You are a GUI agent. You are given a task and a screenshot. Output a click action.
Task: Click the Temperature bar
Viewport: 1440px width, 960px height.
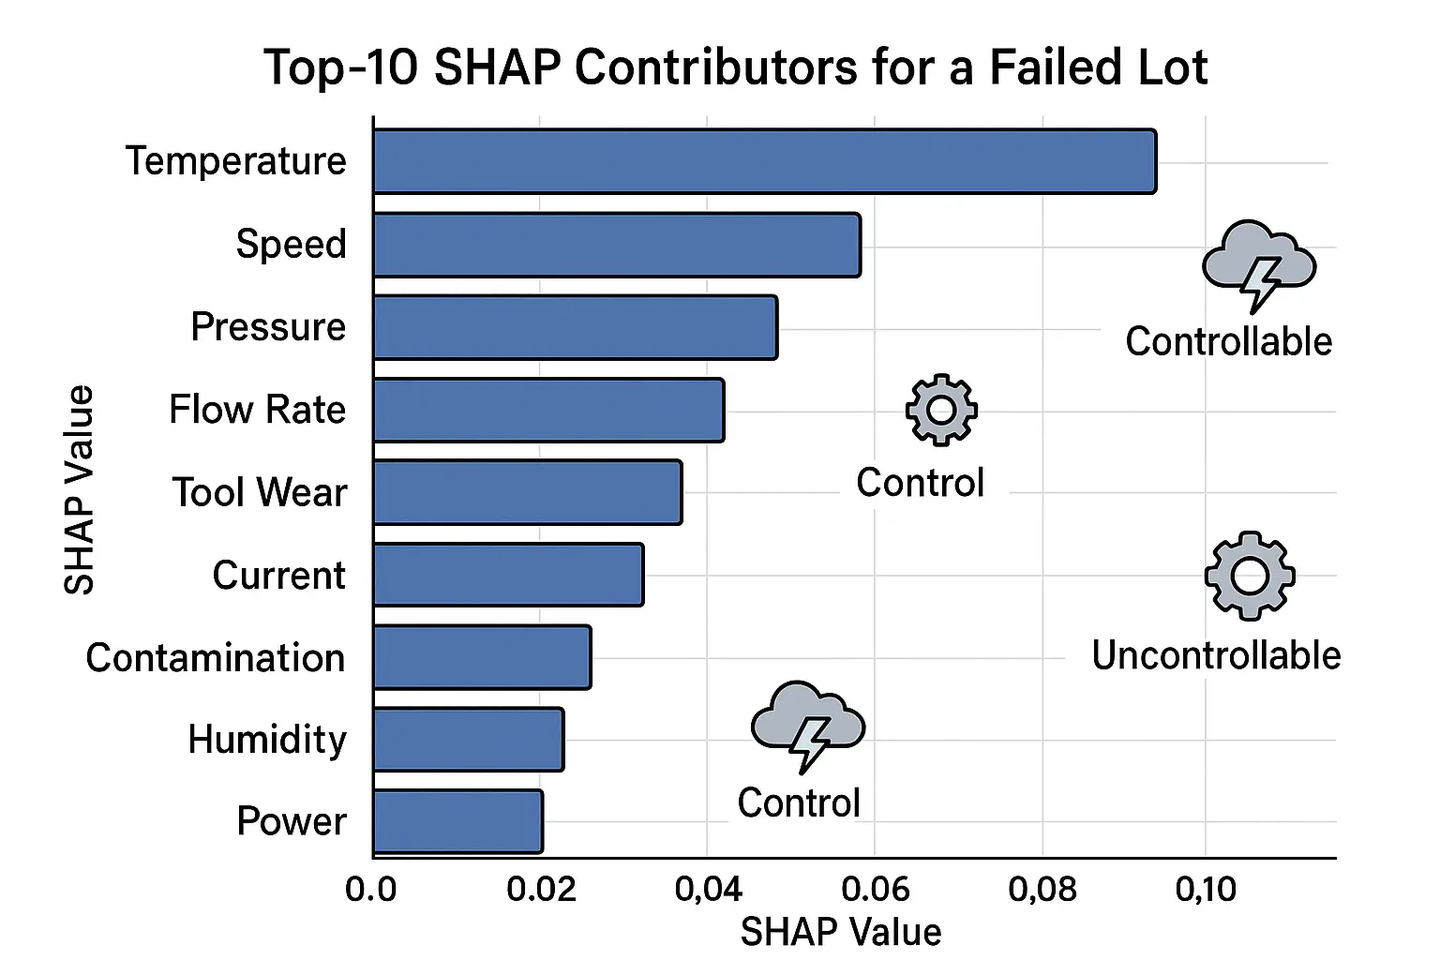(764, 161)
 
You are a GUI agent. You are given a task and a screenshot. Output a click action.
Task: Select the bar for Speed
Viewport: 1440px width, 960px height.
(616, 245)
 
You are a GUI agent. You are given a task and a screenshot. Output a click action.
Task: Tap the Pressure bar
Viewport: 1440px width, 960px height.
(575, 327)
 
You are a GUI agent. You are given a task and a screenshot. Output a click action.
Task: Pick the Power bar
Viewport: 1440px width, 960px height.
(457, 821)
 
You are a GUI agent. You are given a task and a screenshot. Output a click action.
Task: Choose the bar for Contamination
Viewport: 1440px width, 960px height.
(482, 657)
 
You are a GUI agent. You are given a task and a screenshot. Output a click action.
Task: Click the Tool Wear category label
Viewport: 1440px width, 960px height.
(259, 492)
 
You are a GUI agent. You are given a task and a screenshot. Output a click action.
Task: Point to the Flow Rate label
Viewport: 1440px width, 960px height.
(257, 410)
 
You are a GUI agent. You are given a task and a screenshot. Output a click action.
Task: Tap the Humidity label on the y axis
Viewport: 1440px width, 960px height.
(267, 740)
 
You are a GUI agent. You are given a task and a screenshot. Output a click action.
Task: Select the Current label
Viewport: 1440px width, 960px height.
(278, 575)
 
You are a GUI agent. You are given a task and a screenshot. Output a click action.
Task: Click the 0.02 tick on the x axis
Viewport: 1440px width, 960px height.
(541, 889)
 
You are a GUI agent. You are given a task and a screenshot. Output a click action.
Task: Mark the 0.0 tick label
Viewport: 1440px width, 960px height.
(371, 889)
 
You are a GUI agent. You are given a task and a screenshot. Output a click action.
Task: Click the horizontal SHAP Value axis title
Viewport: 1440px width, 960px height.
(840, 932)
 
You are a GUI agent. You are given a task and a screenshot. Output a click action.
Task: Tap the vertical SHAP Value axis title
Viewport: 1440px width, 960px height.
(80, 489)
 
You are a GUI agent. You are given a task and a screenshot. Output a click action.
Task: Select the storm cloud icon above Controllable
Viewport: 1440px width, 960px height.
(1258, 263)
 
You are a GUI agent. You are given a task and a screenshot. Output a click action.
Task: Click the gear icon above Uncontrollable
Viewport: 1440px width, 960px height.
(1249, 576)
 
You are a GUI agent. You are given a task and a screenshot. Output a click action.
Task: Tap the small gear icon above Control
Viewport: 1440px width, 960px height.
(941, 410)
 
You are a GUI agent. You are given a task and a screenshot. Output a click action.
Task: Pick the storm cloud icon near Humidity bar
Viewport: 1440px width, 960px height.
(807, 725)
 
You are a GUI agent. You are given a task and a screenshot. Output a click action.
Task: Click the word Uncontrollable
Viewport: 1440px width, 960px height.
(1216, 655)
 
